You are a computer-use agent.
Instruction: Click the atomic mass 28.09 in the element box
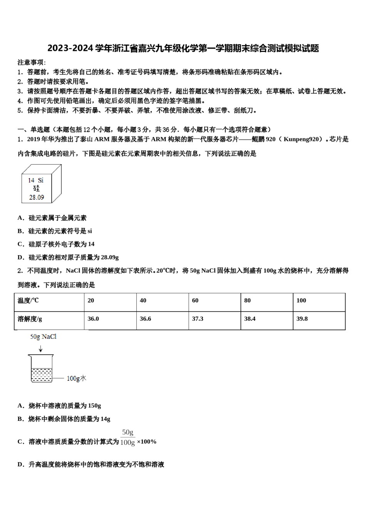click(x=37, y=197)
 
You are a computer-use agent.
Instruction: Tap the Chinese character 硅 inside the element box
click(x=36, y=188)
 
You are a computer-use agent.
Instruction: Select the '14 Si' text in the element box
click(x=35, y=180)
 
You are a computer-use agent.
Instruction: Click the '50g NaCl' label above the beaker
click(x=44, y=337)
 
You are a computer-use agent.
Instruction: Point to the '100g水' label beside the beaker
click(x=76, y=378)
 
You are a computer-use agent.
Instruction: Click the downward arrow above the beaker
click(x=40, y=349)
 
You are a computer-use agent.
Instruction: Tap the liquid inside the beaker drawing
click(x=41, y=374)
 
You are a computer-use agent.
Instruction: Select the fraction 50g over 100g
click(x=128, y=437)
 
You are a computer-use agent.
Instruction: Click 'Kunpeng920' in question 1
click(x=302, y=139)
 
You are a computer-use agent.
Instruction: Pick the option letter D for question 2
click(x=20, y=464)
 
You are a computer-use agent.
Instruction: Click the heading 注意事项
click(x=32, y=62)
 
